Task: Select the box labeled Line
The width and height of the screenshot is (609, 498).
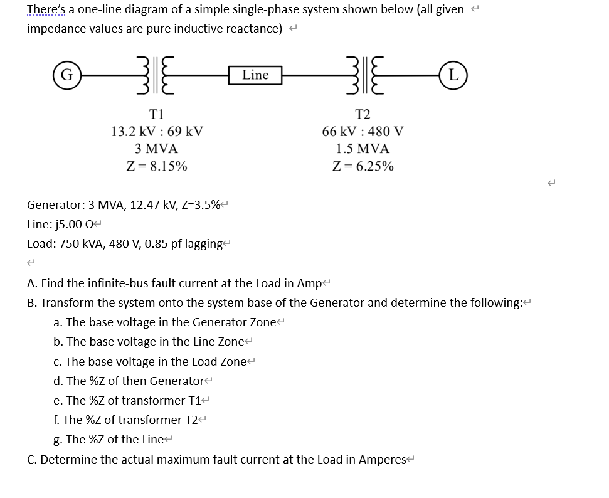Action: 255,75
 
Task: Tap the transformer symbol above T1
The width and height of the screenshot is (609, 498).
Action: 156,76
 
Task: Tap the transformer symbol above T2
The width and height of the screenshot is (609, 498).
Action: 363,76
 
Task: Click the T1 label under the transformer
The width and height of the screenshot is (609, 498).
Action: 156,114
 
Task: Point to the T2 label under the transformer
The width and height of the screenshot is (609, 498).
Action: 363,114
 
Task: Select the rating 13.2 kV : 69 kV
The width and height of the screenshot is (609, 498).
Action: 156,132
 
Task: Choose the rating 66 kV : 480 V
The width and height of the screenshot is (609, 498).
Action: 363,132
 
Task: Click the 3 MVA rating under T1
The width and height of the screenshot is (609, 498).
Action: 156,149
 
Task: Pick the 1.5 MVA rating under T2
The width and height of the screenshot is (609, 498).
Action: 363,149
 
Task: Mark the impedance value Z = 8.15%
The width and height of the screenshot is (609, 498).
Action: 156,166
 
